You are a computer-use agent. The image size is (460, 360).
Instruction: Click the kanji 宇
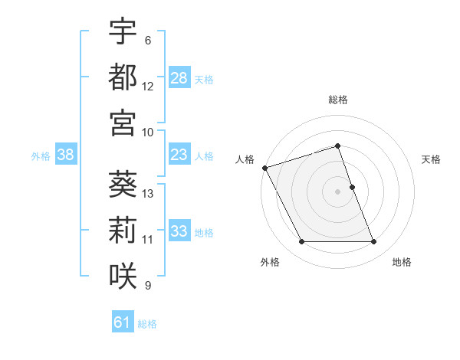coord(123,32)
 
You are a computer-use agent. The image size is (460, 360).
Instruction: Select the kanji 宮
coord(123,122)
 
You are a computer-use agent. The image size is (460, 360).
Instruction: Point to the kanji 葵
coord(123,184)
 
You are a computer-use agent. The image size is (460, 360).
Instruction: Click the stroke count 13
coord(148,193)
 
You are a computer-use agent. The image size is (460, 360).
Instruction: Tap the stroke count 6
coord(148,41)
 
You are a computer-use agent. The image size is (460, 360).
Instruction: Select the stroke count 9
coord(148,286)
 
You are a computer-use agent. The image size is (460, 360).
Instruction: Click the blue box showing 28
coord(179,78)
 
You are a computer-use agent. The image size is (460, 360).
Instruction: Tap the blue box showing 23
coord(179,155)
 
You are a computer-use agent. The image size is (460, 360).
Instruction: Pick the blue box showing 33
coord(179,232)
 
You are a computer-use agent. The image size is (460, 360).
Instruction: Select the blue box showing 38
coord(65,155)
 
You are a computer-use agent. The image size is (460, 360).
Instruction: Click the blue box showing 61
coord(122,323)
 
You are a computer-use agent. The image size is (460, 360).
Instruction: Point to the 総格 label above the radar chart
coord(337,100)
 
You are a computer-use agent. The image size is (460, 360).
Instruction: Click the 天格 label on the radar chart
coord(431,159)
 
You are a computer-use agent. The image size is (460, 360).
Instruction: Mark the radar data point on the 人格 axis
coord(264,168)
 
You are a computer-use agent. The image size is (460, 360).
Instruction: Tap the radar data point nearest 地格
coord(374,242)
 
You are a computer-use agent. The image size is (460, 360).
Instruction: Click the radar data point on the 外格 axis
coord(301,242)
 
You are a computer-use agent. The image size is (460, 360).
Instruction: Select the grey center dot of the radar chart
coord(337,191)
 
